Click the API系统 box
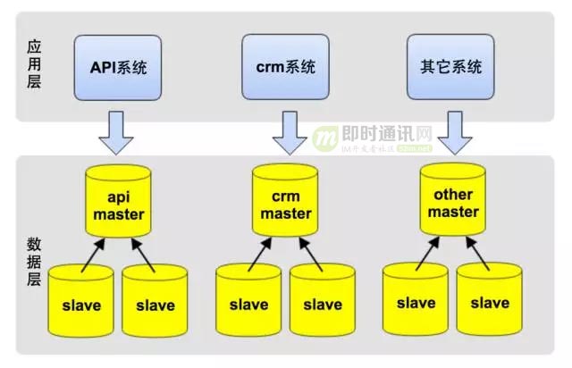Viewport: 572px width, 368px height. (119, 67)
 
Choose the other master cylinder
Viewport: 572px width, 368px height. (452, 203)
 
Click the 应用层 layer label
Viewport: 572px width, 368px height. (34, 66)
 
